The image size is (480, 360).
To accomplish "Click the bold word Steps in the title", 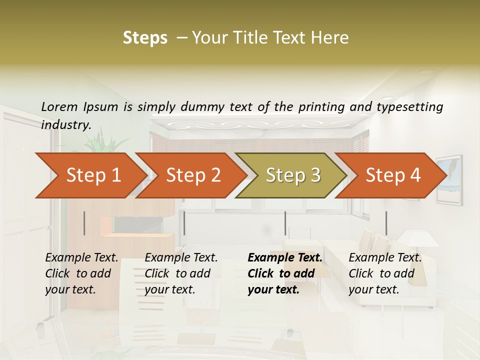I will click(x=145, y=38).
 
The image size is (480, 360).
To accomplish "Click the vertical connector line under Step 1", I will click(x=84, y=223).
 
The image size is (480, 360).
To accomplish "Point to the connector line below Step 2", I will click(x=184, y=223).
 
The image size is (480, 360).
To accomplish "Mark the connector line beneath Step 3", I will click(x=285, y=223).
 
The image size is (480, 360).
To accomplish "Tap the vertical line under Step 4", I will click(x=386, y=223).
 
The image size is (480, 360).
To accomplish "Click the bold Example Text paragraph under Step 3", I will click(x=285, y=273).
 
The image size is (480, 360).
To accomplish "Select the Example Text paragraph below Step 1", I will click(x=81, y=273).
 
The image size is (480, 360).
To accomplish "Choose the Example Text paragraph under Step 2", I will click(x=181, y=273).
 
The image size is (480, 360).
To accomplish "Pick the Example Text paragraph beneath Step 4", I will click(x=385, y=273).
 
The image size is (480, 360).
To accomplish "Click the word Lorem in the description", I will click(x=59, y=106).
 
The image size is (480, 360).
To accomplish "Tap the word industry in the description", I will click(x=66, y=125).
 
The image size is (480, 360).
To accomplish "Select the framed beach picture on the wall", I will click(x=448, y=179).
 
